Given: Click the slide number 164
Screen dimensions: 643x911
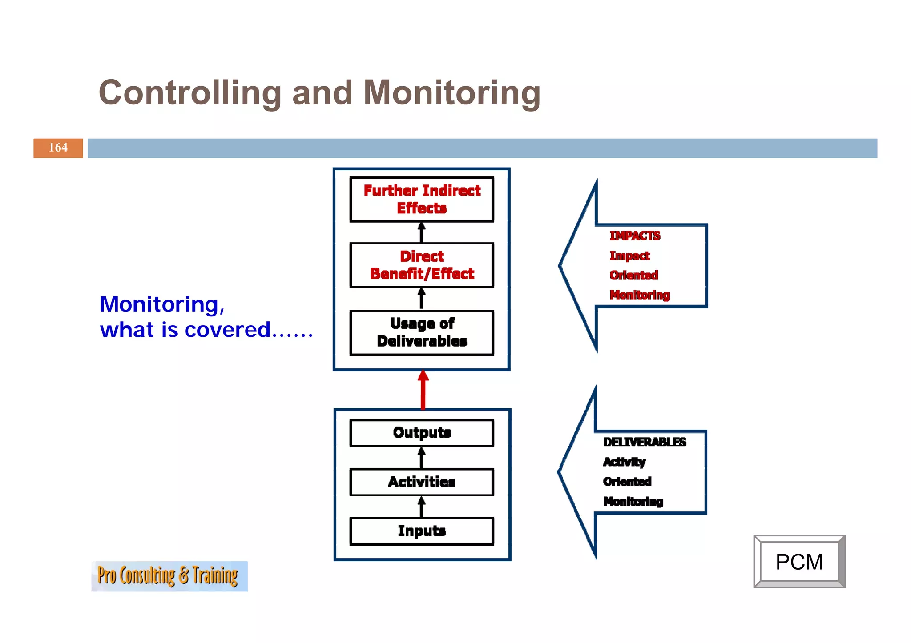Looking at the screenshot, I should pyautogui.click(x=58, y=148).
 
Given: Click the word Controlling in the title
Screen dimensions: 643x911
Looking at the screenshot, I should pyautogui.click(x=190, y=93).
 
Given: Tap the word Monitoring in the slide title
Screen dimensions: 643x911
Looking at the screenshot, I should pyautogui.click(x=451, y=93).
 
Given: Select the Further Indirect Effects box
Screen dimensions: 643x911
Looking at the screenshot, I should pyautogui.click(x=421, y=199).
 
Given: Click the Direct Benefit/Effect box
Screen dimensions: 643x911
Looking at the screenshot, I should pyautogui.click(x=421, y=265).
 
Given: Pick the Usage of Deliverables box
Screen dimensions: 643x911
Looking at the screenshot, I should pyautogui.click(x=421, y=332).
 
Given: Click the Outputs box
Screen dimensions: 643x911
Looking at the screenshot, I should pyautogui.click(x=421, y=433).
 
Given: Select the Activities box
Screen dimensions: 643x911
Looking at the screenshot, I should pyautogui.click(x=421, y=482).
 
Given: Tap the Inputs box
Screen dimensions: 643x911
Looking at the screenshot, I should pyautogui.click(x=421, y=531).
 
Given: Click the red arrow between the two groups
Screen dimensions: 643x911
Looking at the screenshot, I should pyautogui.click(x=423, y=390).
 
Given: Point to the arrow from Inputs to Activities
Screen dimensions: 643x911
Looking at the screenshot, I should pyautogui.click(x=421, y=507).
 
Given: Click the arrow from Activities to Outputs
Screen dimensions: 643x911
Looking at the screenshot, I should pyautogui.click(x=421, y=457).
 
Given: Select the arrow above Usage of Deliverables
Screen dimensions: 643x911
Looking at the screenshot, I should pyautogui.click(x=421, y=299).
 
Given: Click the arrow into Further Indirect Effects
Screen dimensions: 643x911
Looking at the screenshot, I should pyautogui.click(x=421, y=232).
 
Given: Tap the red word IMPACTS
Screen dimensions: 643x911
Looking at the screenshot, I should pyautogui.click(x=634, y=236).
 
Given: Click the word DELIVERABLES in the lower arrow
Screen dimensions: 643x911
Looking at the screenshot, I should pyautogui.click(x=644, y=442).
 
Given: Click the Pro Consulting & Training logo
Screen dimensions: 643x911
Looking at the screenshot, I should pyautogui.click(x=169, y=576).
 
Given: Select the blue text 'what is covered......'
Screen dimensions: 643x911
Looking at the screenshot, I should pyautogui.click(x=206, y=330).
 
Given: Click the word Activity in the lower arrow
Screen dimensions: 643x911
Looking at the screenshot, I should pyautogui.click(x=624, y=462).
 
